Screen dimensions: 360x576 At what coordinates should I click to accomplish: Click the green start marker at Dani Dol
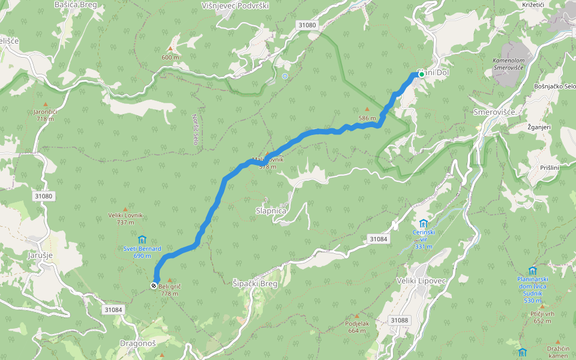pos(421,74)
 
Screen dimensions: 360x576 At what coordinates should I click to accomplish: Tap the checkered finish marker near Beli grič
pos(155,286)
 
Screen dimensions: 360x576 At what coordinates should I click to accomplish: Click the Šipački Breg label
pos(255,284)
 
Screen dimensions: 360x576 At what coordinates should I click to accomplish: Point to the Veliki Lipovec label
pos(422,281)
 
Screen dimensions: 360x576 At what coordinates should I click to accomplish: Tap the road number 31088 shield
pos(399,320)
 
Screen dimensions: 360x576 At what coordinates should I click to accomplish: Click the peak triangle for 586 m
pos(367,109)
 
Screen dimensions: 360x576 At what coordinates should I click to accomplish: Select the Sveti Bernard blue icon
pos(142,239)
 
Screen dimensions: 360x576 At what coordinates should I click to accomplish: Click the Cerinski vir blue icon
pos(424,223)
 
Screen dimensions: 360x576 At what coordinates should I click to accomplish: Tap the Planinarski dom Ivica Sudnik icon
pos(532,271)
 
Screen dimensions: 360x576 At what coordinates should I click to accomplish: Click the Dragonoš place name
pos(137,343)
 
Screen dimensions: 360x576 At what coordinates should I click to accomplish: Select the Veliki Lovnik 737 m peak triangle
pos(125,208)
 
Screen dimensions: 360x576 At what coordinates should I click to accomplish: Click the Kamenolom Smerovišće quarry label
pos(509,65)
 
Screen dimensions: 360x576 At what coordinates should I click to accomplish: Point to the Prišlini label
pos(549,167)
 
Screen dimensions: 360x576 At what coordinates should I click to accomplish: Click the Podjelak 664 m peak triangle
pos(356,316)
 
